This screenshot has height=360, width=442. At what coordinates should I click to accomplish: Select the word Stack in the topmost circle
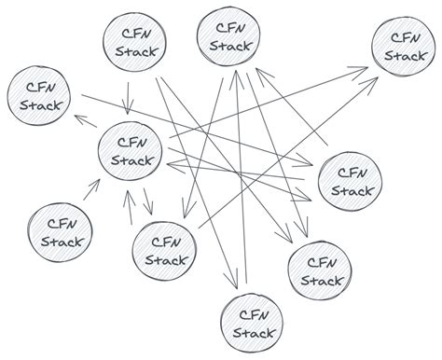click(229, 46)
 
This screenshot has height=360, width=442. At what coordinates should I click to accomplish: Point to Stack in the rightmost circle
click(405, 56)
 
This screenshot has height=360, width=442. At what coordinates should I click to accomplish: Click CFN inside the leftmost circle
click(41, 88)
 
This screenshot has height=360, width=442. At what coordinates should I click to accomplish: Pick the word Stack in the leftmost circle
click(40, 105)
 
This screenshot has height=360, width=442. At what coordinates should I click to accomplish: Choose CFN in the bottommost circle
click(254, 315)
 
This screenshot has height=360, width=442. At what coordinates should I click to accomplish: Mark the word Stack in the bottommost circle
click(254, 333)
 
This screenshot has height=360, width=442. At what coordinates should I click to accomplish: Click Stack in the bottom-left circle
click(62, 242)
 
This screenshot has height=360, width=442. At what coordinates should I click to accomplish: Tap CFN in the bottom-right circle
click(322, 263)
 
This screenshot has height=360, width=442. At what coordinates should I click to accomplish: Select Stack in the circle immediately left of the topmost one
click(136, 51)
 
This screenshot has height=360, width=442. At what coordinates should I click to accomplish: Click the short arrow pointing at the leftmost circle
click(86, 121)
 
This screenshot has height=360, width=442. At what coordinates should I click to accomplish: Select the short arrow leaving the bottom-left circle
click(91, 189)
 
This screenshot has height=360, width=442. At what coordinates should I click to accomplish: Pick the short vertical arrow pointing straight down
click(128, 98)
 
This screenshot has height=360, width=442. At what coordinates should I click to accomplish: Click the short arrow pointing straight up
click(130, 207)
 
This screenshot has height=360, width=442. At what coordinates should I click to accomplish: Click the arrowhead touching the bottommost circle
click(233, 280)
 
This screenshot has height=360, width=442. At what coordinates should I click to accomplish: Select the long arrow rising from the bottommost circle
click(242, 177)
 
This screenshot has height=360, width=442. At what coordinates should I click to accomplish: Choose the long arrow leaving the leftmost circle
click(197, 130)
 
